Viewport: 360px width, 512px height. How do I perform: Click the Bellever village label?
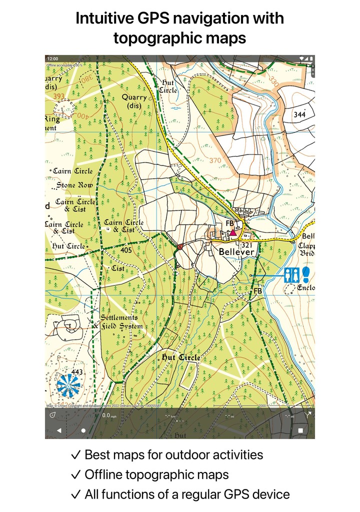236,252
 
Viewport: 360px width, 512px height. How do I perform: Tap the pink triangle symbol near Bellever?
232,232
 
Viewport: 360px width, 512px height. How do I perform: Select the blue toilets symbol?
291,274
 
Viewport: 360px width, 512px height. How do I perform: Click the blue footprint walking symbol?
305,274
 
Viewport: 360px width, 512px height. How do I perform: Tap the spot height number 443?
77,372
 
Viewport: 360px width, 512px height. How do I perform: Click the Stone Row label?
74,185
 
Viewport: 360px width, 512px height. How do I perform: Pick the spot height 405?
126,249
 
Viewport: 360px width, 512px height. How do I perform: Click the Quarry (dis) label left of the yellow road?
134,101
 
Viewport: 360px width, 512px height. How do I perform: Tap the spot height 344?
299,115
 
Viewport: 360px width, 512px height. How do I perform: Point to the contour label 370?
215,160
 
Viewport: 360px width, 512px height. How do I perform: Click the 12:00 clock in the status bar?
52,58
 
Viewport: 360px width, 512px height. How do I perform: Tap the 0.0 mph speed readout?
106,415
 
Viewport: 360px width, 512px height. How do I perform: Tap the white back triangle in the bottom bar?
58,430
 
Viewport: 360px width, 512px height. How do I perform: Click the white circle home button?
83,430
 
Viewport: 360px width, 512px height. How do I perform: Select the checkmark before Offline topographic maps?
76,474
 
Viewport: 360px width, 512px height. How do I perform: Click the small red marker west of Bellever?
179,246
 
